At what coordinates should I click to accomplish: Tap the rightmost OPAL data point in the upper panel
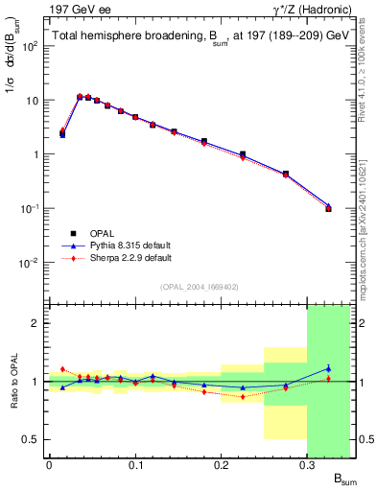[x=328, y=208]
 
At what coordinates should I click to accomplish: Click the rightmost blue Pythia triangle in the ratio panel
[x=328, y=368]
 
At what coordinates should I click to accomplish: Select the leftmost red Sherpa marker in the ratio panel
[x=62, y=369]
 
